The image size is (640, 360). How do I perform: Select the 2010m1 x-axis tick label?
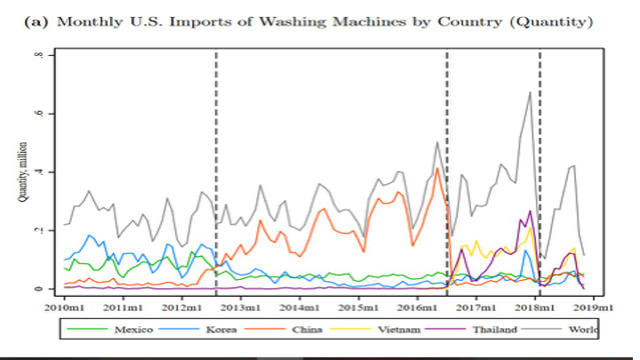65,308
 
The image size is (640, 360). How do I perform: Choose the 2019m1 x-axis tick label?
590,308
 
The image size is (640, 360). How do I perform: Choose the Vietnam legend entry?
398,330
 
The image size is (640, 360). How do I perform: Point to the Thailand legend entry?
494,330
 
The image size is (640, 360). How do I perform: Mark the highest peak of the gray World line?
530,92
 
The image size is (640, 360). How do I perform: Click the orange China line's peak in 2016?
437,169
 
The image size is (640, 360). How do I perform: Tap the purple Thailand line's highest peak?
530,211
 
